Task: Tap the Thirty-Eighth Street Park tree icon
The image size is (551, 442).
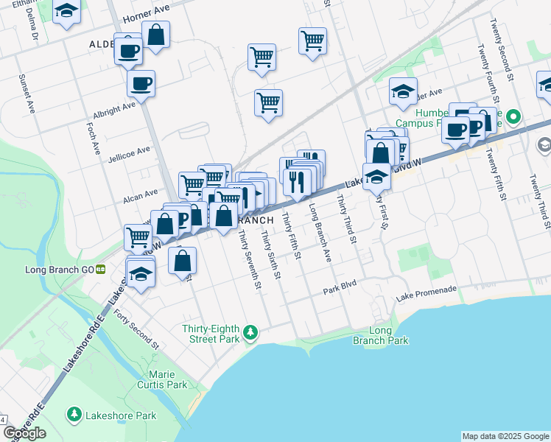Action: (251, 333)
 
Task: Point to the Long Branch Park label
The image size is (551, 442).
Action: (388, 336)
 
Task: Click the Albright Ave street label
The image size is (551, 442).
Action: (114, 110)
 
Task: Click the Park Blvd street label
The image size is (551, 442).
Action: (340, 292)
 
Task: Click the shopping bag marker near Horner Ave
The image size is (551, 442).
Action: (156, 35)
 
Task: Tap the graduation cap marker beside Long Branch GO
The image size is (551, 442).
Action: (140, 274)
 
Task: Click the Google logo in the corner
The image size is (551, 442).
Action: (24, 433)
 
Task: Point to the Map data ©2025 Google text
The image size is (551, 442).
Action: (505, 436)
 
